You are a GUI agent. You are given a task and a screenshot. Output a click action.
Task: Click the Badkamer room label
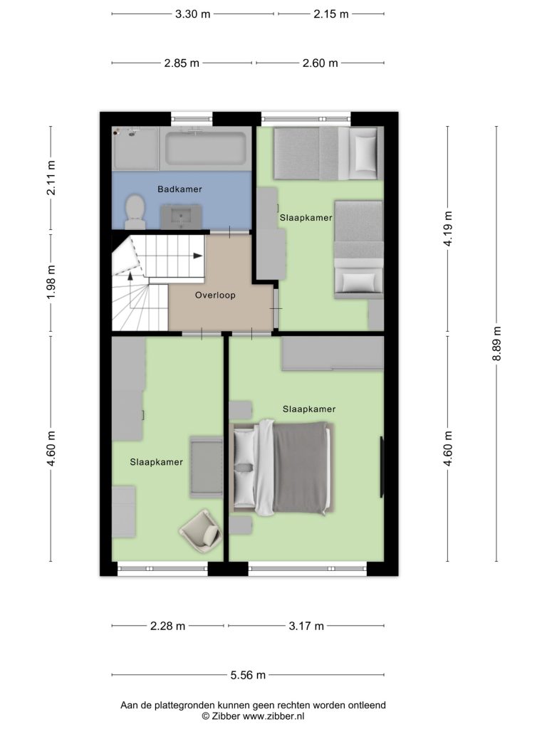[x=179, y=189]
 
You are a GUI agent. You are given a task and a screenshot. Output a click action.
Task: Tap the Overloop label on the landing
[x=215, y=295]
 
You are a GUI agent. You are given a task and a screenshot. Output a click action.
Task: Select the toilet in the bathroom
[x=135, y=211]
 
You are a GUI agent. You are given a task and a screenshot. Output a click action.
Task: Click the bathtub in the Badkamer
[x=206, y=148]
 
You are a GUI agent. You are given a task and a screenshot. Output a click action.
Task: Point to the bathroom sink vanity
[x=181, y=216]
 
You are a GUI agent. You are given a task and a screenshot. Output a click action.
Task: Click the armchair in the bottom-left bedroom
[x=200, y=533]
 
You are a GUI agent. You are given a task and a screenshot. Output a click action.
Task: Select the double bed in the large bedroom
[x=282, y=468]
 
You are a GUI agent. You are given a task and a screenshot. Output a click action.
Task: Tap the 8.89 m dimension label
[x=496, y=344]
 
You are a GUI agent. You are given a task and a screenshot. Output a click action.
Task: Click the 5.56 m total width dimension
[x=248, y=675]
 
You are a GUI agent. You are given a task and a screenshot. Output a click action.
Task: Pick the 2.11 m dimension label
[x=51, y=177]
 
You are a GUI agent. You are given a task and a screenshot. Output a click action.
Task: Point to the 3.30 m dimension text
[x=192, y=14]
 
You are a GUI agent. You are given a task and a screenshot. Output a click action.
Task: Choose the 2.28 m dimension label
[x=167, y=626]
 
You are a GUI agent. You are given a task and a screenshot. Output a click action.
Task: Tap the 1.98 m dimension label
[x=51, y=282]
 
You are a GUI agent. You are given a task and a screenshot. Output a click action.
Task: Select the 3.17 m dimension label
[x=306, y=626]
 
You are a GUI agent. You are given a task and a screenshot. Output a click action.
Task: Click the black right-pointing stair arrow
[x=198, y=256]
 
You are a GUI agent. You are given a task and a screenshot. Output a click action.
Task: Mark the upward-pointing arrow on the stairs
[x=131, y=275]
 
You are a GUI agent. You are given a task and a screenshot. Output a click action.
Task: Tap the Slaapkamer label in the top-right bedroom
[x=306, y=218]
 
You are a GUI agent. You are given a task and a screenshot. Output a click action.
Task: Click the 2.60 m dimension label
[x=320, y=63]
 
